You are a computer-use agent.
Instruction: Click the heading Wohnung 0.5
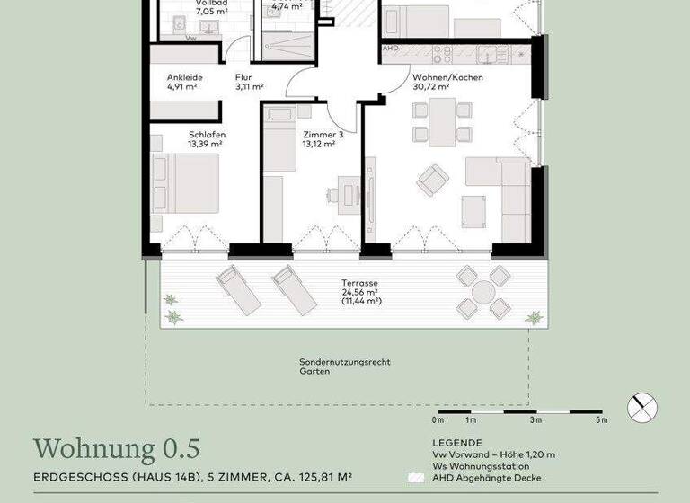[x=116, y=448]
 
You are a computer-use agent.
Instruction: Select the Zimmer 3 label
[x=323, y=133]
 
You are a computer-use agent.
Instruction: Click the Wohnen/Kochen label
[x=447, y=77]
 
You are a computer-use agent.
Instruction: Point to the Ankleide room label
[x=184, y=77]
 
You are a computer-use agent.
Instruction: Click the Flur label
[x=243, y=77]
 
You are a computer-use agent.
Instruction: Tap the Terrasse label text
[x=359, y=282]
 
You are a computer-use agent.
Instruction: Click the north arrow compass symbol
[x=642, y=408]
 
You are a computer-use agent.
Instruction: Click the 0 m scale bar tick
[x=438, y=419]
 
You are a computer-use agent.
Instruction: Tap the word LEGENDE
[x=456, y=443]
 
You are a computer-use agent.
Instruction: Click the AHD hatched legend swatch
[x=415, y=479]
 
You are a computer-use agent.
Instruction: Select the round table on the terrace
[x=483, y=292]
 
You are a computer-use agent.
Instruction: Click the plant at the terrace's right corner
[x=534, y=317]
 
